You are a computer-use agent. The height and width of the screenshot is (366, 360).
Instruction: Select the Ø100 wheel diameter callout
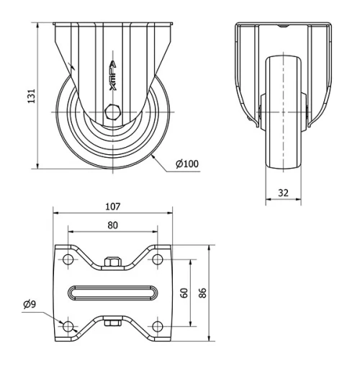(x=187, y=163)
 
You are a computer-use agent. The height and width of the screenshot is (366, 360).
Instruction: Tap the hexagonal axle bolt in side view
(x=112, y=112)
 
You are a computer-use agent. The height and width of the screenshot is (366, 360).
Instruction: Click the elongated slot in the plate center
(x=112, y=293)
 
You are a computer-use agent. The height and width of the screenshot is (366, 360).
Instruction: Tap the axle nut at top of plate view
(x=112, y=262)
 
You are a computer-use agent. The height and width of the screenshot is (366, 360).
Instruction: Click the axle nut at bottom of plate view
(x=112, y=323)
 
